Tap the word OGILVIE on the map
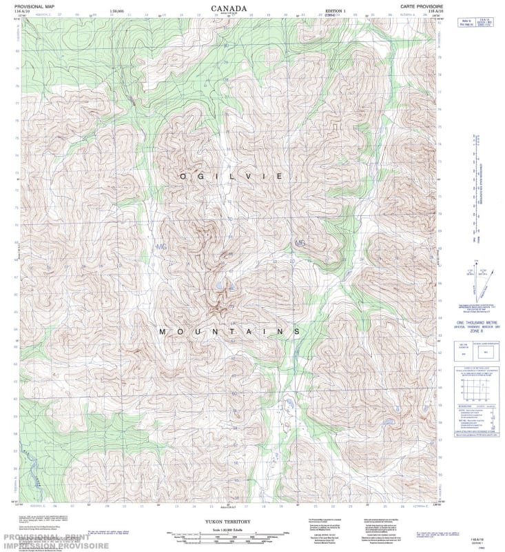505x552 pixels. [x=230, y=177]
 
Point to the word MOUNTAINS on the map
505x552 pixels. [x=229, y=332]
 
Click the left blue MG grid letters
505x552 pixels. [x=162, y=246]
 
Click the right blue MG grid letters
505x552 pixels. [x=300, y=243]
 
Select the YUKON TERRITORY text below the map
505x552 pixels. [x=230, y=523]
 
